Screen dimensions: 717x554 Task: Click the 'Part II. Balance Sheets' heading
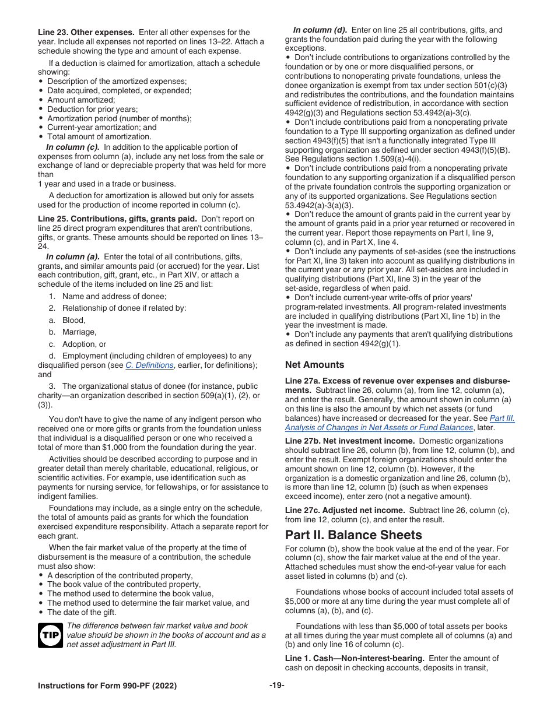click(353, 535)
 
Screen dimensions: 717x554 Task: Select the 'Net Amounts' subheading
click(314, 364)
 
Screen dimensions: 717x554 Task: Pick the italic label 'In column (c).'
click(73, 147)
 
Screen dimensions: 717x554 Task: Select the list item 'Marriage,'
click(79, 332)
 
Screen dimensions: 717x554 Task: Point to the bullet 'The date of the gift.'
click(82, 612)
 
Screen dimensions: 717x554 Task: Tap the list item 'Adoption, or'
click(84, 344)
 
